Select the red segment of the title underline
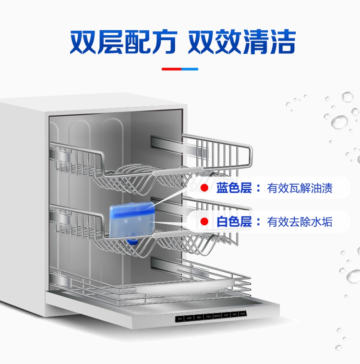[x=171, y=69]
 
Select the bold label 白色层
[x=234, y=222]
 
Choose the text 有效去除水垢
[x=300, y=222]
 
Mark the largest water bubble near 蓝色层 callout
[x=340, y=121]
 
